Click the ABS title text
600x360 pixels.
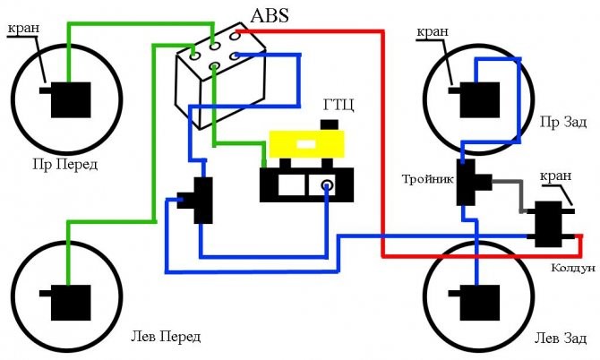(277, 15)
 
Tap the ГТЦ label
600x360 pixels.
(339, 105)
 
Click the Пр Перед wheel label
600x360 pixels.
(65, 165)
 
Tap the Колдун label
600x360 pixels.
(572, 268)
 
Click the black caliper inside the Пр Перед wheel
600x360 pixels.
(69, 99)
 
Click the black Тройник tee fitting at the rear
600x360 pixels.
(468, 183)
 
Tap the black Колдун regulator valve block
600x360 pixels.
(546, 224)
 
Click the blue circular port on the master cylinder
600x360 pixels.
(327, 186)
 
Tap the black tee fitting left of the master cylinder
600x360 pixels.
(201, 199)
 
